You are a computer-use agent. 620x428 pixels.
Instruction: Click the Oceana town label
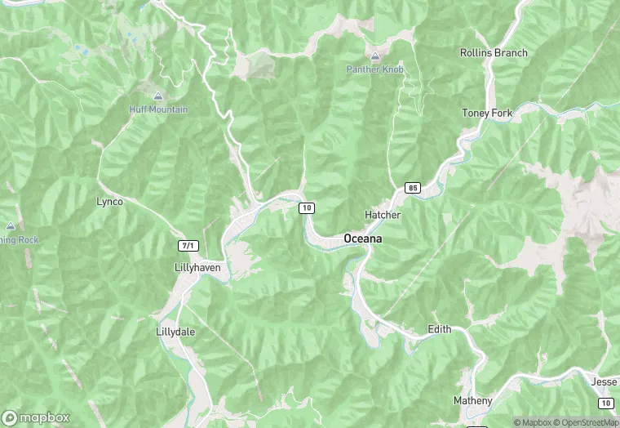pyautogui.click(x=363, y=239)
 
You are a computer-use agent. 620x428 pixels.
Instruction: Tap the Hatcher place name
pyautogui.click(x=383, y=215)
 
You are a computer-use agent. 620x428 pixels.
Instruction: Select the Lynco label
pyautogui.click(x=109, y=201)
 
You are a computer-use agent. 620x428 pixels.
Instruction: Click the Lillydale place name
pyautogui.click(x=175, y=332)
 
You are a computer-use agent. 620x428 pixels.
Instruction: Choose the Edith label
pyautogui.click(x=440, y=329)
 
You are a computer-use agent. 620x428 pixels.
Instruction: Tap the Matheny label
pyautogui.click(x=473, y=400)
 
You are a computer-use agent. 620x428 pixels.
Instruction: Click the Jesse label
pyautogui.click(x=604, y=381)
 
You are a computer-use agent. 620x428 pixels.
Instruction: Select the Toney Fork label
pyautogui.click(x=487, y=113)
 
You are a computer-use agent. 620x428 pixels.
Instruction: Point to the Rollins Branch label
pyautogui.click(x=494, y=53)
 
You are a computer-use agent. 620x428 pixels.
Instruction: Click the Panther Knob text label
pyautogui.click(x=374, y=70)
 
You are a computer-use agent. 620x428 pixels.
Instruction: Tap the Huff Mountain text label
pyautogui.click(x=158, y=109)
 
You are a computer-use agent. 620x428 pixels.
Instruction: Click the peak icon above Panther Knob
pyautogui.click(x=374, y=57)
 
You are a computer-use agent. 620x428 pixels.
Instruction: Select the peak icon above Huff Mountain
pyautogui.click(x=158, y=96)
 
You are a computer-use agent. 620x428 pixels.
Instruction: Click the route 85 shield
pyautogui.click(x=412, y=188)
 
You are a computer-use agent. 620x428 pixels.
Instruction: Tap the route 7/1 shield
pyautogui.click(x=188, y=245)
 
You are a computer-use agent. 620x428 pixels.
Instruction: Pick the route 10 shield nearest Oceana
pyautogui.click(x=307, y=208)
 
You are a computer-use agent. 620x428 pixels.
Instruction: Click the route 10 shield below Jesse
pyautogui.click(x=605, y=403)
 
